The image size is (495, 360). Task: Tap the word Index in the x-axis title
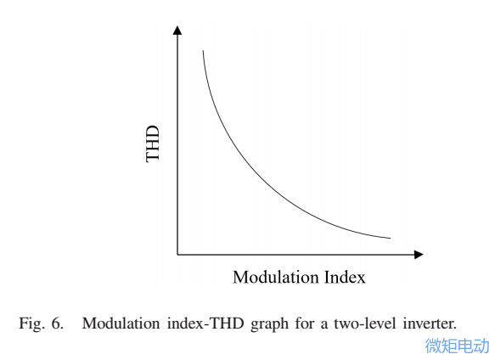click(x=346, y=278)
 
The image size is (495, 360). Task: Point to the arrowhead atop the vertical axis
click(x=177, y=31)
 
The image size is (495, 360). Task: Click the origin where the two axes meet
click(x=177, y=254)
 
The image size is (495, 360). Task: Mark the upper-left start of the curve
click(x=203, y=53)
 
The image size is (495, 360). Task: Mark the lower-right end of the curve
click(x=390, y=238)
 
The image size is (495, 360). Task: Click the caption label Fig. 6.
click(x=41, y=323)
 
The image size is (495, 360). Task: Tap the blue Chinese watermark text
click(x=457, y=345)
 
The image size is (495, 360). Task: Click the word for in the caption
click(x=301, y=323)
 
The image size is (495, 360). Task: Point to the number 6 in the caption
click(x=56, y=323)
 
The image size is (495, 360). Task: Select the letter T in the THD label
click(x=153, y=156)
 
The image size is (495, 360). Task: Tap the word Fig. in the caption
click(x=32, y=323)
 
